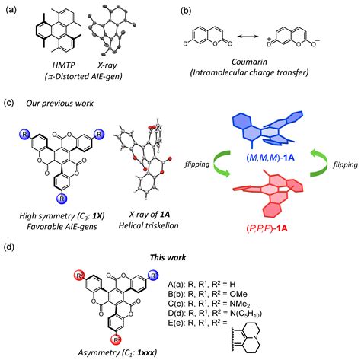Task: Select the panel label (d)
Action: point(10,246)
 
